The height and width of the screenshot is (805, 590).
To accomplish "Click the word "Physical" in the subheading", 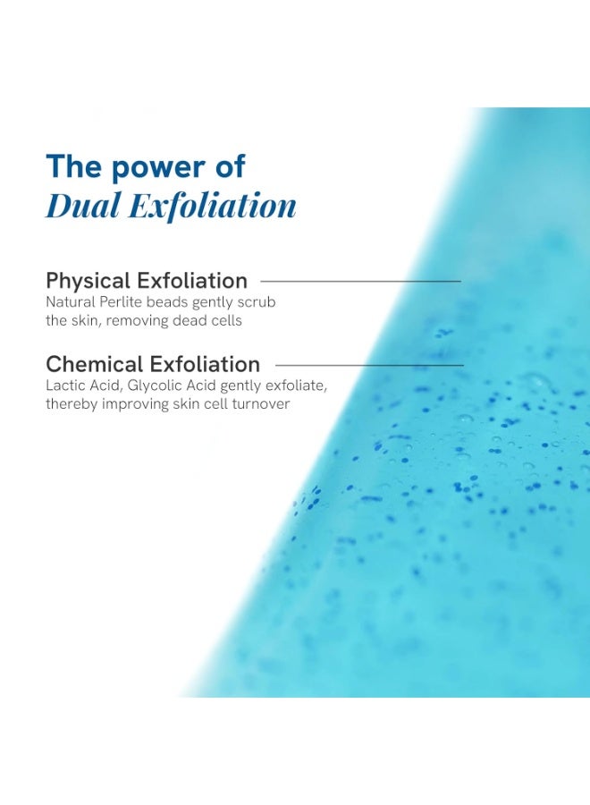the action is tap(88, 282).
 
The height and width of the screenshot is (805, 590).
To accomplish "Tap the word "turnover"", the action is tap(261, 403).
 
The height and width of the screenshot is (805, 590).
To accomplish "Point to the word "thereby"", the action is tap(72, 404).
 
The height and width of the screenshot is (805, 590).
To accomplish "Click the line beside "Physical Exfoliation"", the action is tap(360, 282).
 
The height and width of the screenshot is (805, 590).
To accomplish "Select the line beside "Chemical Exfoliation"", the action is tap(369, 365).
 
